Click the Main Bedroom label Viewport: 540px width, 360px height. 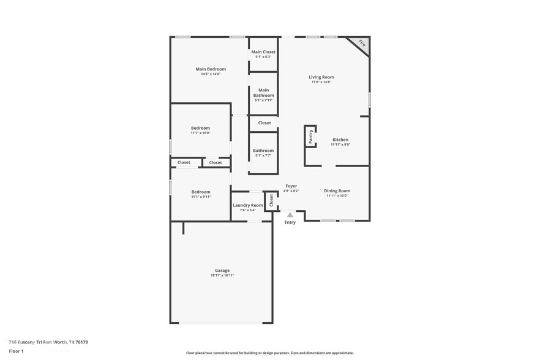[210, 69]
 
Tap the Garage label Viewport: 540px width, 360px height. [222, 271]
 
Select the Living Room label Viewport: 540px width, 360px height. [321, 77]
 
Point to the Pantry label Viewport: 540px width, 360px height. [310, 136]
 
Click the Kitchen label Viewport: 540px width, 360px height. [340, 140]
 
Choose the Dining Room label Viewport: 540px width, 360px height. [337, 190]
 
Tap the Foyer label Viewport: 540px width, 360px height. [291, 186]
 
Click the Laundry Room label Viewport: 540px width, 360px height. [247, 205]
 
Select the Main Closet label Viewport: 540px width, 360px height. [263, 52]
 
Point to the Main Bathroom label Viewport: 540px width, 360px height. [263, 92]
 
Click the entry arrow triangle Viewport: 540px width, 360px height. [290, 215]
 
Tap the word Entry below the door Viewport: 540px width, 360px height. [290, 222]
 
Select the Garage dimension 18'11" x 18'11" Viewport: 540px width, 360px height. [222, 276]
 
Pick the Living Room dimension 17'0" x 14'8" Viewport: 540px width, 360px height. [321, 82]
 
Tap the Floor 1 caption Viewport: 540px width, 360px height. [16, 351]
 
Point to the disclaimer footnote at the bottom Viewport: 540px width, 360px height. [269, 353]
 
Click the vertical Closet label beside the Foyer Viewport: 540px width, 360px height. [271, 200]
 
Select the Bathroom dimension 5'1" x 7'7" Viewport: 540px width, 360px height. [263, 156]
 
